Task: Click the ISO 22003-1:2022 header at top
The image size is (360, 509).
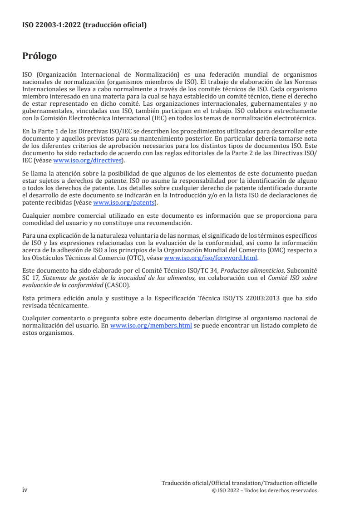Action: (84, 25)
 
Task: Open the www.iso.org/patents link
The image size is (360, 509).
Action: (124, 203)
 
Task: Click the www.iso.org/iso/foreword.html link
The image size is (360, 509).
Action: (210, 258)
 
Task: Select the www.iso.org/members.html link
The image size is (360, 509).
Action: (151, 325)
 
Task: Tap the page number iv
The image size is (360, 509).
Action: (25, 490)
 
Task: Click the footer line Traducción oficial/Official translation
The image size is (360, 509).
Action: (239, 483)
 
